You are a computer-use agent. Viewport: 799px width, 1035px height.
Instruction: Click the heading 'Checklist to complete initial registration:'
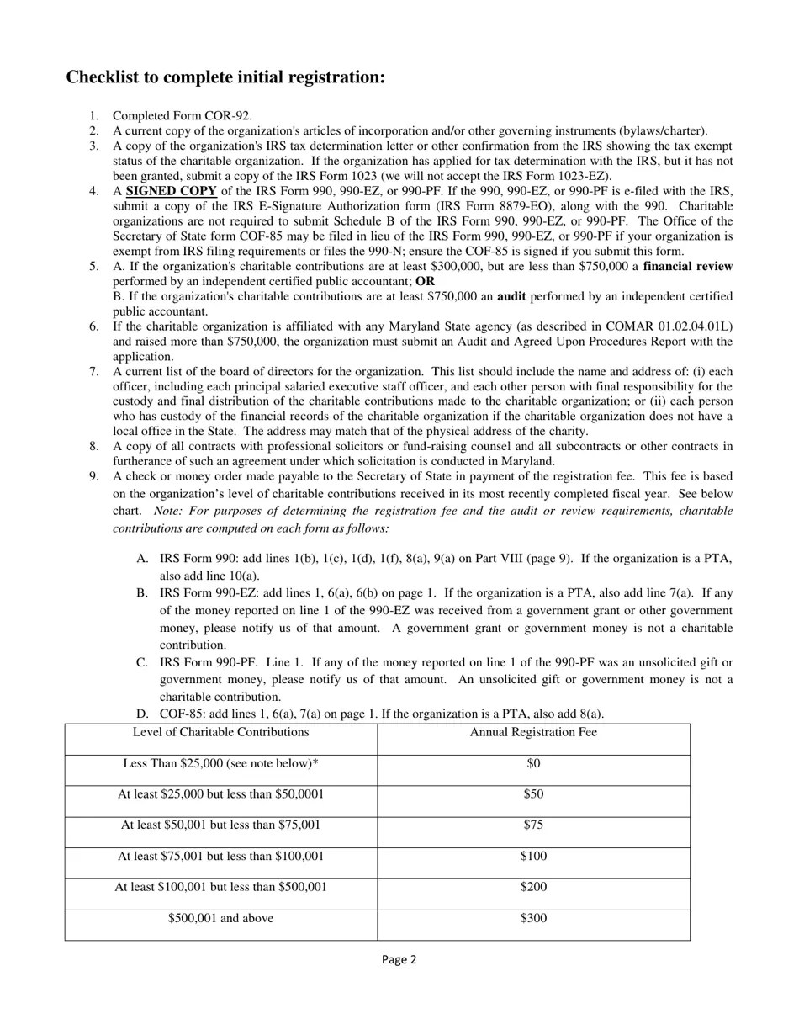[x=225, y=77]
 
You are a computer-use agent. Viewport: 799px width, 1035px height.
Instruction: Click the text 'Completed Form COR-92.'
[x=182, y=116]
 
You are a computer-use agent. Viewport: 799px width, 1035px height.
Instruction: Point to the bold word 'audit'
[x=511, y=297]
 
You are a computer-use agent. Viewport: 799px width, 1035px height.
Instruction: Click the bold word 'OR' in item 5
[x=425, y=281]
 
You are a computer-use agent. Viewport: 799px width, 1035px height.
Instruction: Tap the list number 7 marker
[x=94, y=372]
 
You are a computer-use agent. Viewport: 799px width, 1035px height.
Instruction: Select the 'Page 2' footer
[x=399, y=959]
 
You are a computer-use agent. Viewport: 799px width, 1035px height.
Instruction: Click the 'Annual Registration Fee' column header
[x=533, y=733]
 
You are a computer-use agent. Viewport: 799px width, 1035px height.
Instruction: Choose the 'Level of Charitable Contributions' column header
[x=220, y=733]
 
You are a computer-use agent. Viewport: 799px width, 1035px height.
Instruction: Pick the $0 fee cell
[x=533, y=764]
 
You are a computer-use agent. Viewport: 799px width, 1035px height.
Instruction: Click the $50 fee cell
[x=533, y=794]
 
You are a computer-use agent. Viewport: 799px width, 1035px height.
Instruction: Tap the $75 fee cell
[x=533, y=825]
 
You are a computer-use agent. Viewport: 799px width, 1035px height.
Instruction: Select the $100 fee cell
[x=533, y=857]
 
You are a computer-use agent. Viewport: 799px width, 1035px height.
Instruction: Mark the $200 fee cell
[x=533, y=887]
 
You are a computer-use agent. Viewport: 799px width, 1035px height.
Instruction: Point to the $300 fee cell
[x=533, y=918]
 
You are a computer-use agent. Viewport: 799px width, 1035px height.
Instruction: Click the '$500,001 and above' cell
[x=220, y=918]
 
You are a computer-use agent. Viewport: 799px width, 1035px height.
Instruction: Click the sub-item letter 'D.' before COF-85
[x=142, y=714]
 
